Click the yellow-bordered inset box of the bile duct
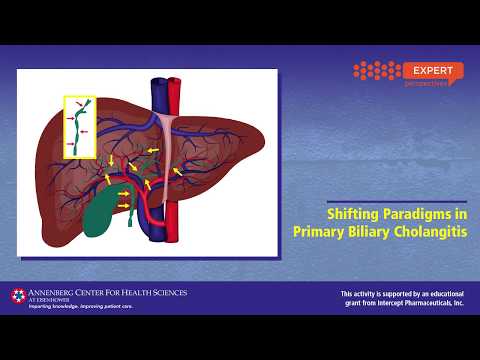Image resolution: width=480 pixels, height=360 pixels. tap(79, 127)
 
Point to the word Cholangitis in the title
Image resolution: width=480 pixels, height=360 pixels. tap(431, 231)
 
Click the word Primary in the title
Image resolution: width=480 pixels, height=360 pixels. tap(317, 231)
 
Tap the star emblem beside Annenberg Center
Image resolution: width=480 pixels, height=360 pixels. tap(18, 295)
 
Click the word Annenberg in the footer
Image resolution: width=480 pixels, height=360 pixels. tap(62, 292)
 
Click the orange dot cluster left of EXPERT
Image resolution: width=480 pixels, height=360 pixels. tap(376, 71)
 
